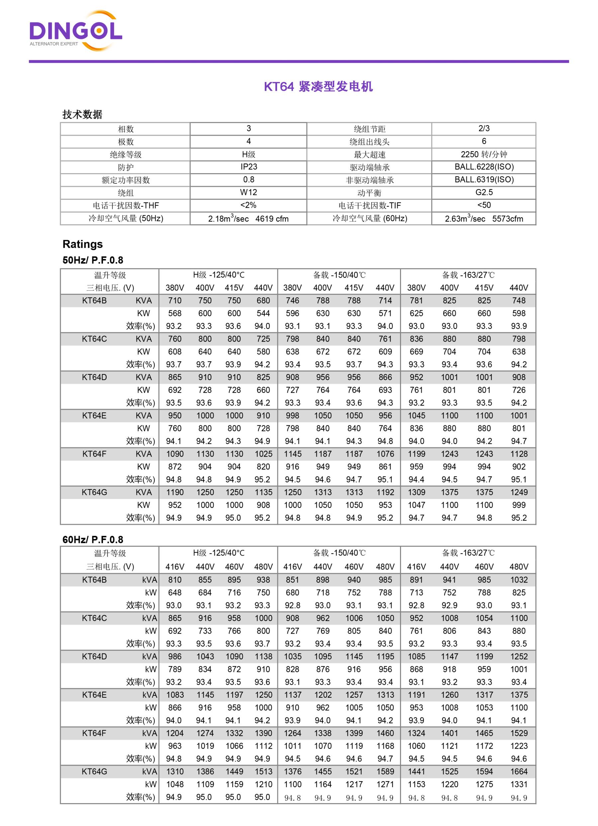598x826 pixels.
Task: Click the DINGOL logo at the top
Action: coord(75,31)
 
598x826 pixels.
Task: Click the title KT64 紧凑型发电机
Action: coord(318,87)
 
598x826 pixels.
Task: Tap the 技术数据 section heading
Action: coord(82,114)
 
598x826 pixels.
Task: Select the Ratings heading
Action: coord(83,244)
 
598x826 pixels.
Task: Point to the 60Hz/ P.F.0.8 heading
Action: coord(93,539)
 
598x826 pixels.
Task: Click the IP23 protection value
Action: coord(249,167)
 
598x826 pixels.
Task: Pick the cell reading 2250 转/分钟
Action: coord(484,155)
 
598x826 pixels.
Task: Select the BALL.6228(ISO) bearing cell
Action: coord(484,167)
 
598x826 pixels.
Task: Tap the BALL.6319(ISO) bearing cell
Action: coord(484,179)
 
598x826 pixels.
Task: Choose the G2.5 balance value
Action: coord(484,192)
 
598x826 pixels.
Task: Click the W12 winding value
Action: coord(249,192)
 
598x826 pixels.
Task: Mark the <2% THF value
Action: coord(249,205)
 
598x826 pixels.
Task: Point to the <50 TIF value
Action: coord(484,205)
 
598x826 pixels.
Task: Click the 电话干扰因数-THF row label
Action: coord(126,205)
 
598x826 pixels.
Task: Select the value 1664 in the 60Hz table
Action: coord(519,772)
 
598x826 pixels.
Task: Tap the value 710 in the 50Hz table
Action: coord(175,300)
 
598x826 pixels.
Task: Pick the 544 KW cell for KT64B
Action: coord(263,313)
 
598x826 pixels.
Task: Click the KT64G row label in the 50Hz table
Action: coord(94,492)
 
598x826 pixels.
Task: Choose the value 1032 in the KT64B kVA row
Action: coord(519,580)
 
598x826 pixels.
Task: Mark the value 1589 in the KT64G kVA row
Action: coord(385,772)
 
